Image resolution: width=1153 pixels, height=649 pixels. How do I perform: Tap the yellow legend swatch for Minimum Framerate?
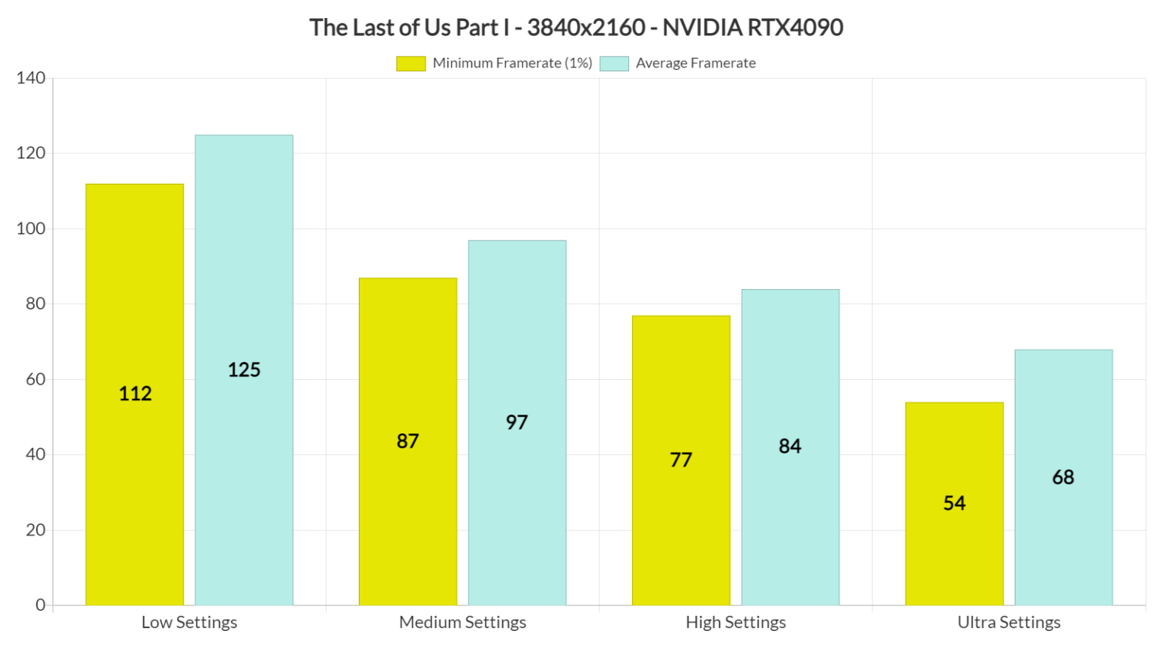[x=411, y=64]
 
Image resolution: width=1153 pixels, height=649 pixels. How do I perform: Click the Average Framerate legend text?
[x=696, y=63]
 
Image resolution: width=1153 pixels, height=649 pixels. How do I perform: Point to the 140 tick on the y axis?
[x=31, y=78]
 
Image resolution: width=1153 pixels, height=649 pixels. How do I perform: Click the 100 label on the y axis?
[x=31, y=228]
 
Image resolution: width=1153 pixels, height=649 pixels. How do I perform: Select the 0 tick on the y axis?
[x=41, y=605]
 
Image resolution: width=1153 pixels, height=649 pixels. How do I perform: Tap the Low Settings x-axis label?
[x=189, y=622]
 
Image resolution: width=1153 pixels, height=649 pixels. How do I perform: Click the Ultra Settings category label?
[x=1009, y=622]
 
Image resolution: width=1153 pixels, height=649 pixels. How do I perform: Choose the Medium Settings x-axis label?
[x=462, y=622]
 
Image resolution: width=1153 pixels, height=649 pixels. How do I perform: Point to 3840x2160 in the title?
[x=586, y=28]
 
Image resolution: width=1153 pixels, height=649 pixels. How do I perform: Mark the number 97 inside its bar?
[x=516, y=422]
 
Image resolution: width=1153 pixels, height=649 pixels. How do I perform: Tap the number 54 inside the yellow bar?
[x=954, y=503]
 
